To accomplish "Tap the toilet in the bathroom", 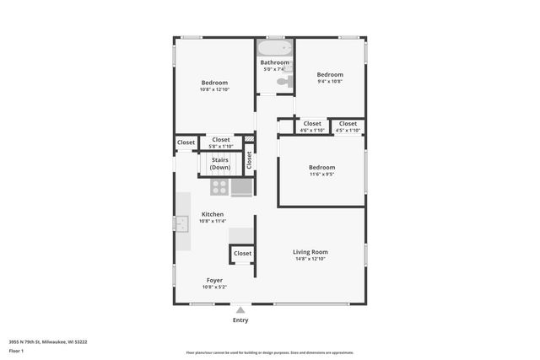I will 284,82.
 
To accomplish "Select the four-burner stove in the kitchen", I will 219,187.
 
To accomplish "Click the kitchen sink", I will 181,223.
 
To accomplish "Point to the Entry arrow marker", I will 240,309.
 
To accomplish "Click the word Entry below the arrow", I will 240,320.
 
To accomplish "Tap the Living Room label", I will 310,252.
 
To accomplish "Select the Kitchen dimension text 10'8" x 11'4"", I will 213,222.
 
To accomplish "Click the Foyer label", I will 214,280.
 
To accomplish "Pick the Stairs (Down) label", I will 220,164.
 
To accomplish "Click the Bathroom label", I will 275,62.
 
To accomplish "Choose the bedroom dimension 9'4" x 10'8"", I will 330,82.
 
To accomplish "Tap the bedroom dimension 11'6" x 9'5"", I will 321,175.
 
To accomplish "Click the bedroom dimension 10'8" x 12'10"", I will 214,89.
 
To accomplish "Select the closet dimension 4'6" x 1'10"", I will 312,131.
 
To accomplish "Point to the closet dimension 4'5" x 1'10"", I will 348,131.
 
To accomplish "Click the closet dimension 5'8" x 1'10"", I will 221,147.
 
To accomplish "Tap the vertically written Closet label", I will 249,159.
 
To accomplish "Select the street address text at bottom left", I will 48,341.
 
